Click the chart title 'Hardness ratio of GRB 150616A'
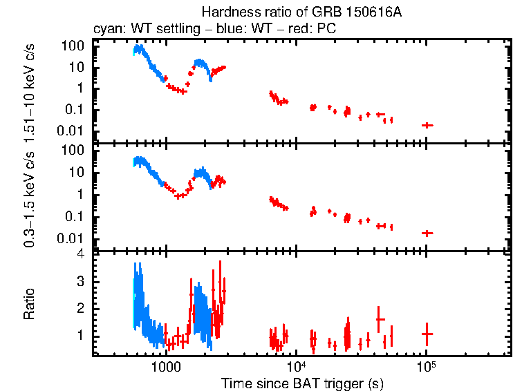click(302, 12)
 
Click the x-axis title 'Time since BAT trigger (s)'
click(302, 382)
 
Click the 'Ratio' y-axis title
click(29, 304)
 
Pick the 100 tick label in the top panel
click(74, 46)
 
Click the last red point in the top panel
click(427, 125)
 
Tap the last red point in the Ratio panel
click(427, 334)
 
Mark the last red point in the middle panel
click(427, 233)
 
